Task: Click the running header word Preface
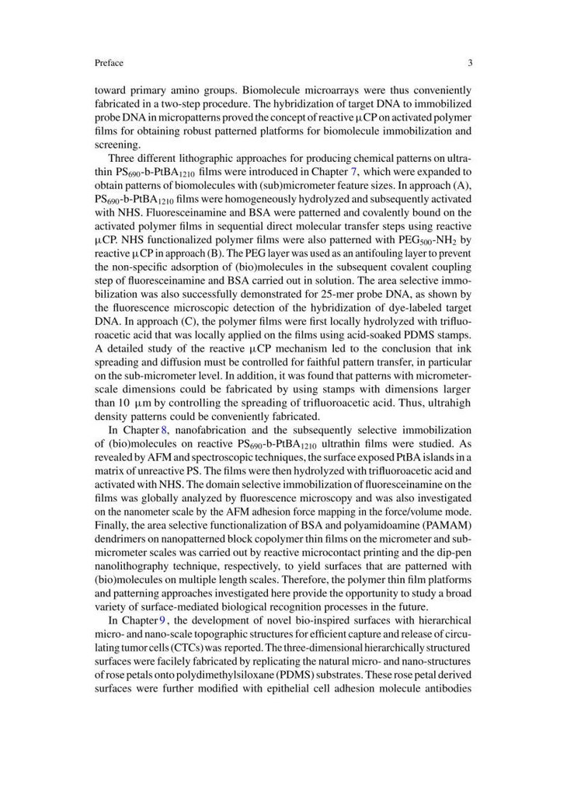[109, 63]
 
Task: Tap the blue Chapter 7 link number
[353, 170]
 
